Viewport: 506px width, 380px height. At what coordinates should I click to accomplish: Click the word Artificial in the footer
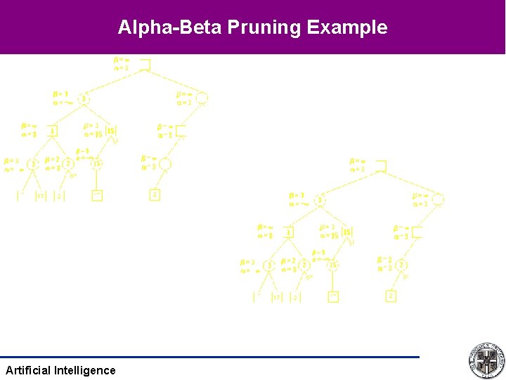coord(27,370)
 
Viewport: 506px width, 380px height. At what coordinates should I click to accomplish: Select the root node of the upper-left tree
coord(145,65)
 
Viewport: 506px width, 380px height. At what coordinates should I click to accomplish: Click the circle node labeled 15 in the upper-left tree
coord(97,164)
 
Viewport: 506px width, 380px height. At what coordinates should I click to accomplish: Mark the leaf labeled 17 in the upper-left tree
coord(40,196)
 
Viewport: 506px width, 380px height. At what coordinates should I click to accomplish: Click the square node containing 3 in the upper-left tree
coord(53,131)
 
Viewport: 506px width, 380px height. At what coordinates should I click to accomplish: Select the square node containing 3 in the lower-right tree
coord(288,232)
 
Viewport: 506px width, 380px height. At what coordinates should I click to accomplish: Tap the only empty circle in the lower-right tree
coord(438,201)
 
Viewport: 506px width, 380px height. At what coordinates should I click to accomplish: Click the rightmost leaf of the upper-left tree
coord(155,194)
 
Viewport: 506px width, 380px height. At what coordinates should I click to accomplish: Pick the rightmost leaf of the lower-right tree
coord(391,296)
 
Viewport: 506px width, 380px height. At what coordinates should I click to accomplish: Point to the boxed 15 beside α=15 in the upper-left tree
coord(111,131)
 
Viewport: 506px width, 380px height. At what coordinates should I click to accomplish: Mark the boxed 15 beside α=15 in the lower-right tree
coord(347,232)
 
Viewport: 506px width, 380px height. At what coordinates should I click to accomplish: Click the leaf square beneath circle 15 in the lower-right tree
coord(333,297)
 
